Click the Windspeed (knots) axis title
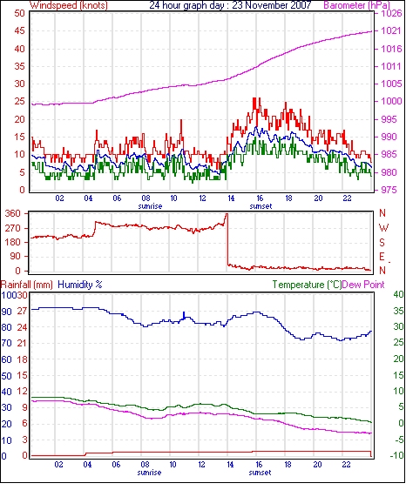[69, 5]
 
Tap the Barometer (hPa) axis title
[357, 5]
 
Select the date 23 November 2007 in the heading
[272, 5]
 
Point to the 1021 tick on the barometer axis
[391, 30]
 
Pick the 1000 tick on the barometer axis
[391, 101]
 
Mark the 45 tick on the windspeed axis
[19, 31]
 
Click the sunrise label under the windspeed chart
[150, 206]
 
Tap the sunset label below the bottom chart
[260, 473]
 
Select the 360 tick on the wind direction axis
[13, 214]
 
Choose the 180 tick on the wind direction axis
[13, 242]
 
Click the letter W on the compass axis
[383, 228]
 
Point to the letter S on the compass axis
[382, 242]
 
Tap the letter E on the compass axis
[382, 257]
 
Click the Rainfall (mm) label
[27, 285]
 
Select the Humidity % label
[80, 285]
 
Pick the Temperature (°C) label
[307, 285]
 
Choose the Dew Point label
[363, 285]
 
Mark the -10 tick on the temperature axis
[397, 456]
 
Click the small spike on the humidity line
[184, 314]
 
